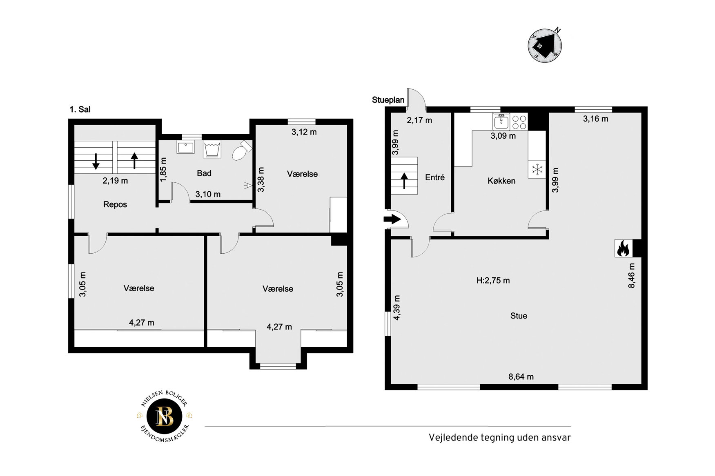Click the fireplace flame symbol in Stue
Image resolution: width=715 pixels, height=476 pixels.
tap(623, 248)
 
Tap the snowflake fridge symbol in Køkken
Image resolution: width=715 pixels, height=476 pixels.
tap(537, 169)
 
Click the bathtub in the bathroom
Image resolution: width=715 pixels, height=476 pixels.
tap(212, 149)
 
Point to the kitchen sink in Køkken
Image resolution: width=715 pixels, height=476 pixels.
tap(501, 122)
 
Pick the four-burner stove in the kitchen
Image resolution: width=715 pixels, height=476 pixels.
tap(519, 122)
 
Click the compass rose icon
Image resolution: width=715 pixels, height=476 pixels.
tap(545, 45)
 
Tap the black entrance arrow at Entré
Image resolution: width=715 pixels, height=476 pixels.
tap(392, 219)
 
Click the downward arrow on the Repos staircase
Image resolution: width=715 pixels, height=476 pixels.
tap(96, 161)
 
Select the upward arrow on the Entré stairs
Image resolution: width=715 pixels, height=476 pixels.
tap(404, 181)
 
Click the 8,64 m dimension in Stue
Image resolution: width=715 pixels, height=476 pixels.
tap(521, 377)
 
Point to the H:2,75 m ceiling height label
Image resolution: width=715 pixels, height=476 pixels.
tap(493, 281)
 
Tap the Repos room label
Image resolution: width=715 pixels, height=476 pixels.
tap(115, 204)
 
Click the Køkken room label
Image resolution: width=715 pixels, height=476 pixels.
tap(501, 181)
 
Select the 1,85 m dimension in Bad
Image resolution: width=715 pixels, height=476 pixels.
tap(163, 170)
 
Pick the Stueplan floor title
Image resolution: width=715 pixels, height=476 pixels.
tap(388, 100)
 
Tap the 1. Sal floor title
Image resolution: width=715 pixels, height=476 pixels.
tap(80, 109)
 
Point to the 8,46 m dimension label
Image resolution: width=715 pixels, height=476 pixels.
tap(631, 276)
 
